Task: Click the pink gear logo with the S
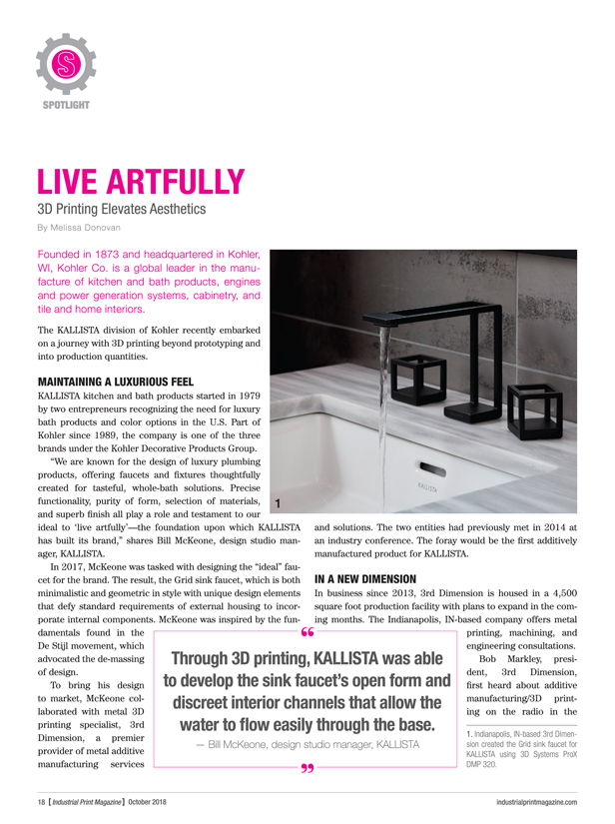65,64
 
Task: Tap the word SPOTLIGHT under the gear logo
65,104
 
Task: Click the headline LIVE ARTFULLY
141,182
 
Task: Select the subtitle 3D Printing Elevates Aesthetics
121,210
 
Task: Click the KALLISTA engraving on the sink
430,482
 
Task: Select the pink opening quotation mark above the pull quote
307,632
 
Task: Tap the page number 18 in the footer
31,802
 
